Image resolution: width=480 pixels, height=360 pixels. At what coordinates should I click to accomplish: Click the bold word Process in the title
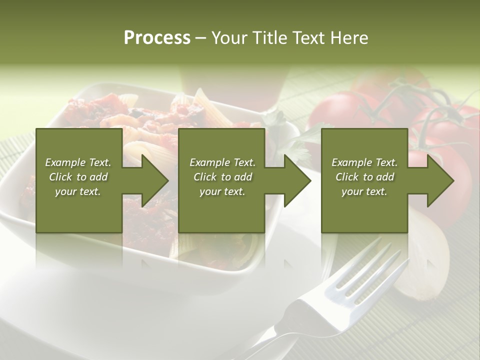pyautogui.click(x=157, y=38)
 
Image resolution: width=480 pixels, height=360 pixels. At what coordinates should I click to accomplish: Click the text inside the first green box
pyautogui.click(x=78, y=177)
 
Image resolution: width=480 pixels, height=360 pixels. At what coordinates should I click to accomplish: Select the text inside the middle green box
pyautogui.click(x=222, y=177)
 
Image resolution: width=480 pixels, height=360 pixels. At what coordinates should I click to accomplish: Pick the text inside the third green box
pyautogui.click(x=364, y=177)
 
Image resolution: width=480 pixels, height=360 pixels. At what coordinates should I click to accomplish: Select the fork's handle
pyautogui.click(x=280, y=335)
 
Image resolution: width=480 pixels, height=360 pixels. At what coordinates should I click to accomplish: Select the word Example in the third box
pyautogui.click(x=349, y=162)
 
